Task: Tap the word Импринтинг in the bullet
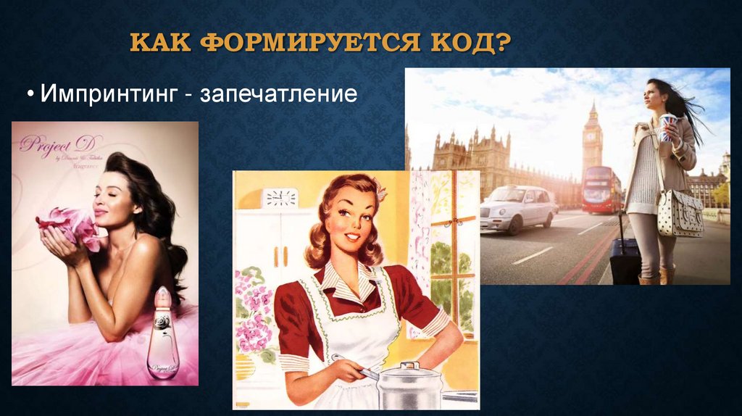click(109, 94)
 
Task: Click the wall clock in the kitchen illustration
click(280, 197)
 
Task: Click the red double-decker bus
click(601, 190)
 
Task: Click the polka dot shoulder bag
click(680, 213)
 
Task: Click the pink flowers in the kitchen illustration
click(251, 312)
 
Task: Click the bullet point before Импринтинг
click(32, 95)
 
